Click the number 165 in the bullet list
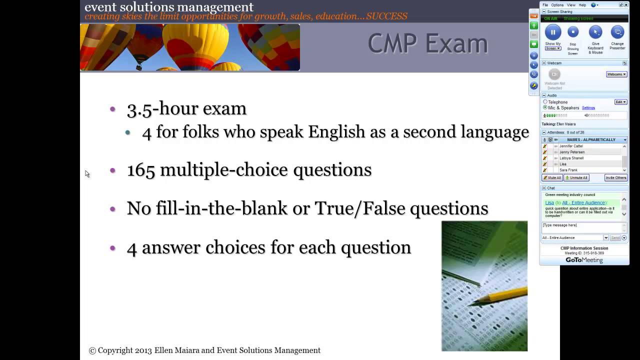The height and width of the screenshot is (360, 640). point(141,170)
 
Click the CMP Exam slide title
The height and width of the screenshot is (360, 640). point(427,43)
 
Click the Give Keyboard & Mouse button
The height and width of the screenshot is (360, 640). point(595,32)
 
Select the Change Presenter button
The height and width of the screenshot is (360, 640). point(617,32)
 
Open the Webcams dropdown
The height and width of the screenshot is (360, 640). point(616,74)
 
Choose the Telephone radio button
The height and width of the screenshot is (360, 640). point(545,102)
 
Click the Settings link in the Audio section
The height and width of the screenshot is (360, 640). point(588,108)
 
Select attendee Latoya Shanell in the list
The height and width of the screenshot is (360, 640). point(571,158)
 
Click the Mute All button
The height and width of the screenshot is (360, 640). point(552,178)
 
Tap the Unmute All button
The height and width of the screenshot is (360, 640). point(576,178)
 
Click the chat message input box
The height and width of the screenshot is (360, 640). point(581,227)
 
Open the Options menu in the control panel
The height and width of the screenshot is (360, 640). point(557,5)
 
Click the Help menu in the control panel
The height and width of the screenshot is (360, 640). point(582,5)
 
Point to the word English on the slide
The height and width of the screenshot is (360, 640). point(336,132)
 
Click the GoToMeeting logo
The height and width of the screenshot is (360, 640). point(584,260)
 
